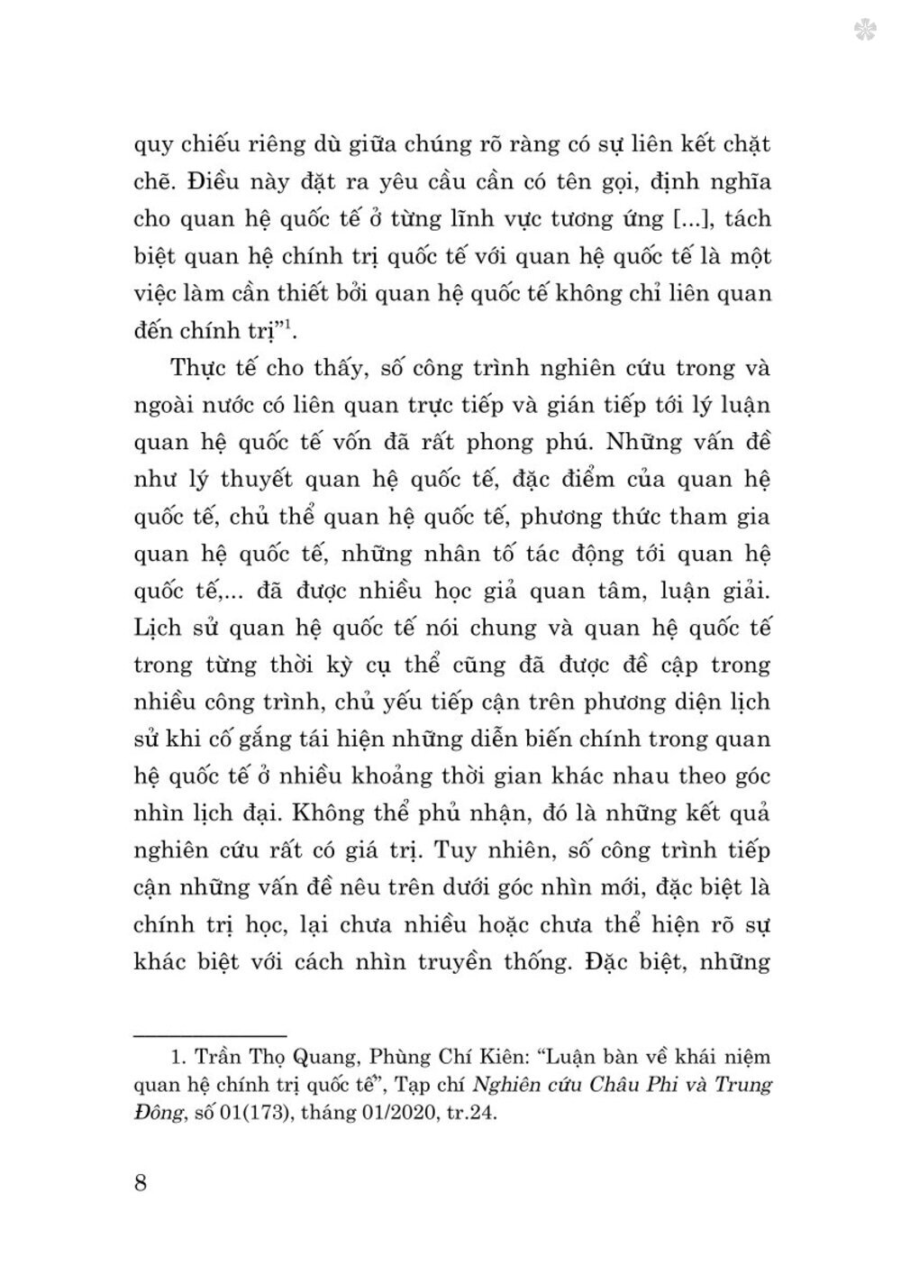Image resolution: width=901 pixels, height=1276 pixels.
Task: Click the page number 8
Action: pyautogui.click(x=140, y=1181)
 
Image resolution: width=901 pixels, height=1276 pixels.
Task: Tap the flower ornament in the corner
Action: pyautogui.click(x=867, y=31)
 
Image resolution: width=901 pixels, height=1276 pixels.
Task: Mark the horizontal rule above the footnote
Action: pyautogui.click(x=210, y=1034)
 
